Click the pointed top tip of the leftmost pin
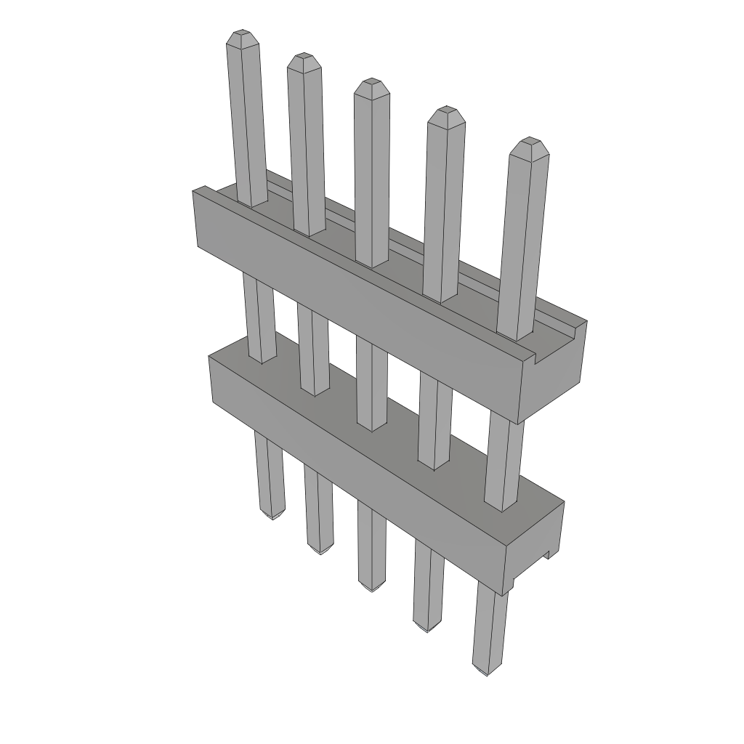pyautogui.click(x=240, y=34)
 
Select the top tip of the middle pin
pyautogui.click(x=371, y=82)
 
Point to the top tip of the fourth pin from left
pyautogui.click(x=445, y=111)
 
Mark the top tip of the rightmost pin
pyautogui.click(x=529, y=142)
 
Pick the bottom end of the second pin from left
pyautogui.click(x=318, y=549)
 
